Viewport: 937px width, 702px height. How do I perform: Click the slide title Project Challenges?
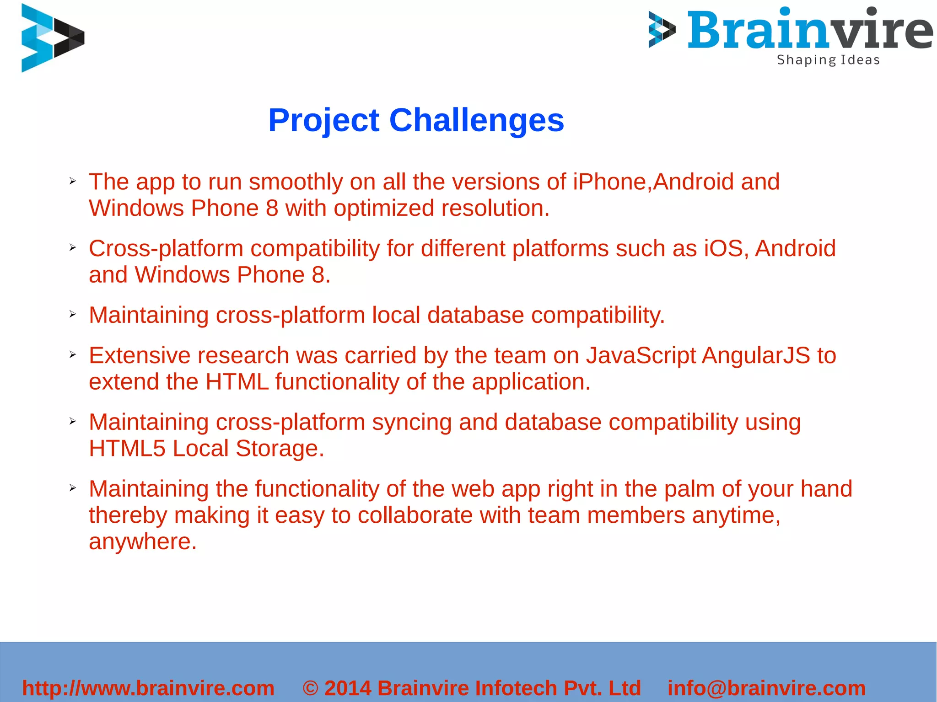tap(416, 120)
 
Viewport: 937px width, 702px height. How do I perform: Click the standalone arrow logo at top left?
tap(52, 38)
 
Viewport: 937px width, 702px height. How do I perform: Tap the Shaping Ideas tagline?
tap(828, 60)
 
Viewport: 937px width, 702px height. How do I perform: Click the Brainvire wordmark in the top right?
tap(810, 31)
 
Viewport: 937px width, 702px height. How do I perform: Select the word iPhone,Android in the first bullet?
tap(653, 182)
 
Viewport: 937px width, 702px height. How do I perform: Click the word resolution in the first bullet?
tap(495, 209)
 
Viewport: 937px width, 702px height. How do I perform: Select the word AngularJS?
tap(756, 355)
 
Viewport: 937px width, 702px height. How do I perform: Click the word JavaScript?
tap(641, 356)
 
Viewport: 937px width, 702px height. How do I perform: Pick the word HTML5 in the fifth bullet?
tap(127, 448)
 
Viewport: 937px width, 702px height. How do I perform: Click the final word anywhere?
tap(142, 542)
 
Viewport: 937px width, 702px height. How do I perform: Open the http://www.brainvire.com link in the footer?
tap(148, 688)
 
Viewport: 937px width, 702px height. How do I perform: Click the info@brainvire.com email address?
tap(766, 688)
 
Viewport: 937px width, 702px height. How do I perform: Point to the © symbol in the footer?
tap(310, 688)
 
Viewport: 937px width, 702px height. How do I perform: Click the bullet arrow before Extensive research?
tap(72, 354)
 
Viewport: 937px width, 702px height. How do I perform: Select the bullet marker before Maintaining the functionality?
tap(72, 488)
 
